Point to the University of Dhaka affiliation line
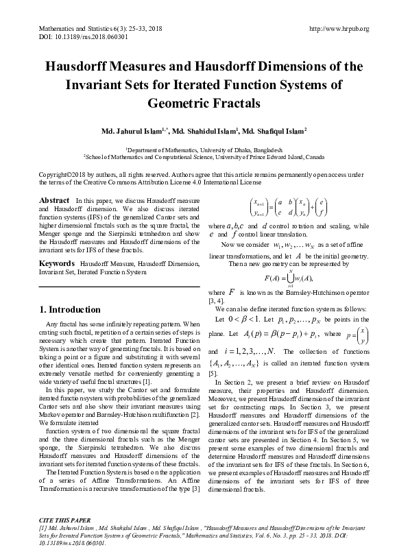[204, 148]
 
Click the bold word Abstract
[54, 200]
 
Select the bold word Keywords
[57, 263]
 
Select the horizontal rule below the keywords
[119, 287]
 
